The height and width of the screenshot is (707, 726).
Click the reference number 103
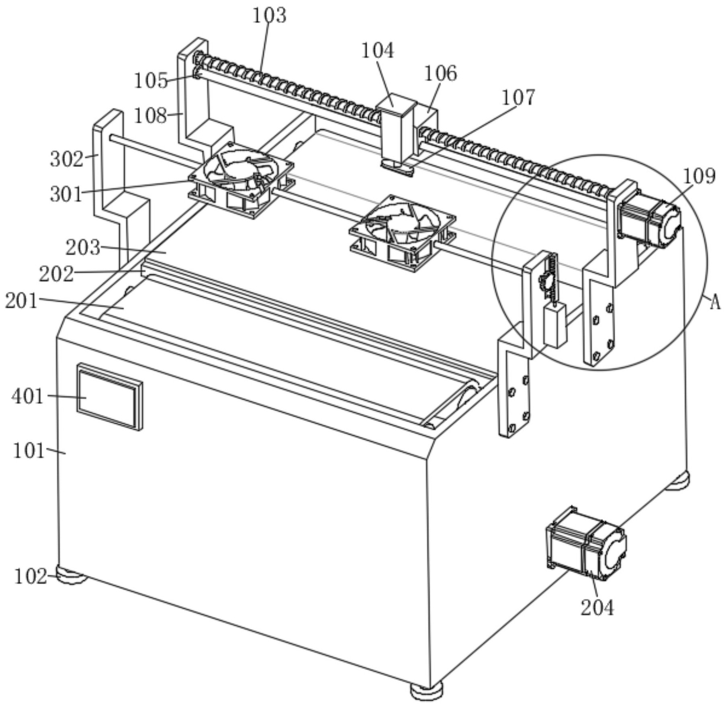(x=270, y=15)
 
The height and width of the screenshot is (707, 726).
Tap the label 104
(x=378, y=51)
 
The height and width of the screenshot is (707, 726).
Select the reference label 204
(x=597, y=608)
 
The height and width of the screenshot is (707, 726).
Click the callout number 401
(x=27, y=397)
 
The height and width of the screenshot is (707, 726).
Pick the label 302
(x=66, y=159)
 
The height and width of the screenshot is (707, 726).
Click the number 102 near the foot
(x=31, y=577)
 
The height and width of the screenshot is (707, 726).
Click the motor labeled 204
(x=586, y=544)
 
